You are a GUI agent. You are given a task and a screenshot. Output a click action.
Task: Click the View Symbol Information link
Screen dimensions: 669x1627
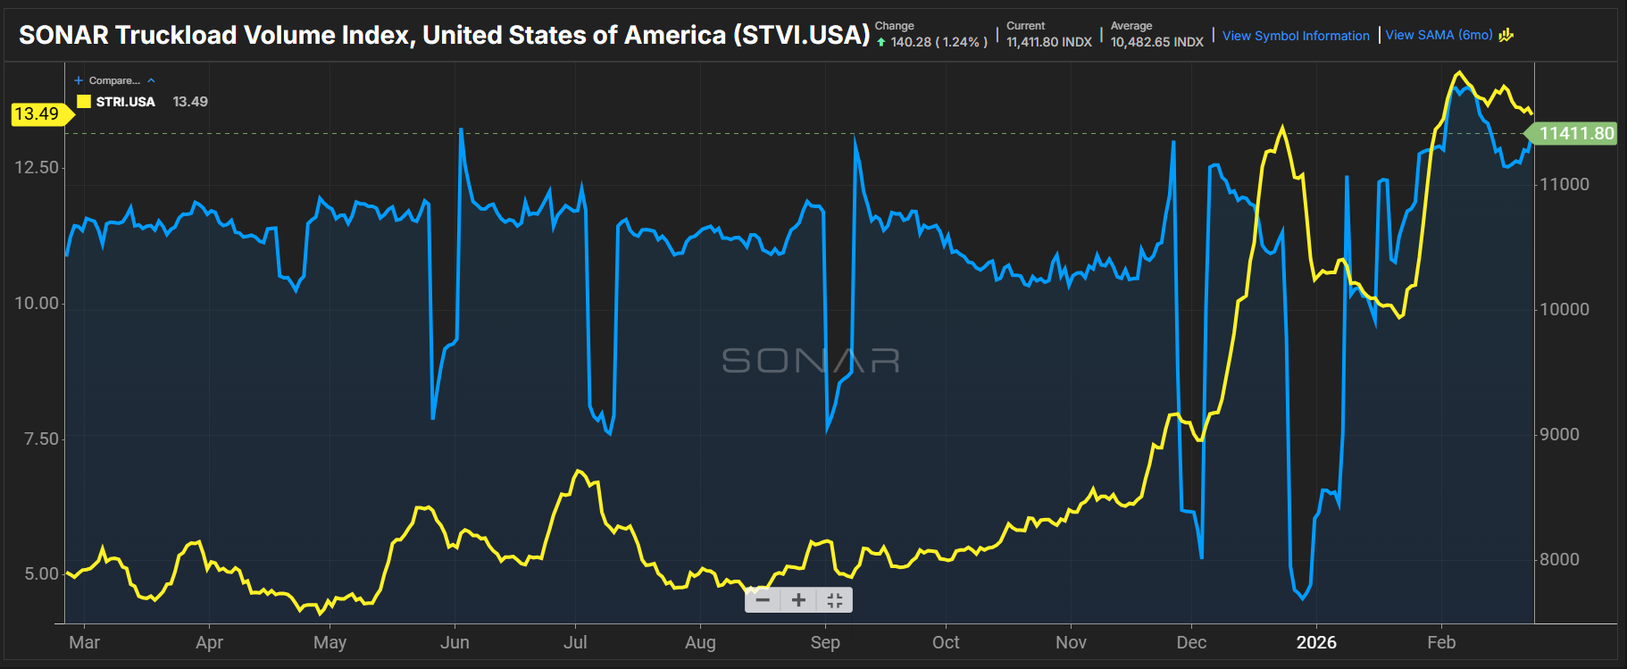click(x=1295, y=36)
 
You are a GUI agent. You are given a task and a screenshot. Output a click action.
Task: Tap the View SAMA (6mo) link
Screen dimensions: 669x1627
click(x=1439, y=35)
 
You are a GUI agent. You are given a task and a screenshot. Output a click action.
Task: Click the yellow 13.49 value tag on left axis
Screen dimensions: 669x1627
click(x=37, y=114)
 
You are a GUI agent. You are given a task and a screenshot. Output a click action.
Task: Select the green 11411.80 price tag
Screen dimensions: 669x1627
click(x=1576, y=134)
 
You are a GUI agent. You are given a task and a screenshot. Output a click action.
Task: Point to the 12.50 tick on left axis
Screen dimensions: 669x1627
click(x=37, y=168)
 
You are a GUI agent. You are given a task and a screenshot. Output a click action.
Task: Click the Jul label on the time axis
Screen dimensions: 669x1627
click(x=575, y=642)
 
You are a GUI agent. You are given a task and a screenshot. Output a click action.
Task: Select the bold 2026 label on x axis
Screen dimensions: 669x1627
click(x=1316, y=642)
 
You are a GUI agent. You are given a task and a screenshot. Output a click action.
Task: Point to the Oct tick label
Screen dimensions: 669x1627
click(x=946, y=642)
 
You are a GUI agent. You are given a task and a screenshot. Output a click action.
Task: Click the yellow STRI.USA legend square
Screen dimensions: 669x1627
click(x=84, y=102)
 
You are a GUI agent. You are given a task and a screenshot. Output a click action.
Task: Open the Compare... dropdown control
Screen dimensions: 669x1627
click(x=114, y=80)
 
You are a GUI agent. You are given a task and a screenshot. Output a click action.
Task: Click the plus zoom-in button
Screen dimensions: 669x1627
click(x=798, y=600)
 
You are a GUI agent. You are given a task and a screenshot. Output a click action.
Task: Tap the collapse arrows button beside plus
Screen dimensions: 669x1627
click(x=835, y=600)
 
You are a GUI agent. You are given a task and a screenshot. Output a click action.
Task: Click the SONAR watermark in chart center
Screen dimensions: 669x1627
click(x=810, y=361)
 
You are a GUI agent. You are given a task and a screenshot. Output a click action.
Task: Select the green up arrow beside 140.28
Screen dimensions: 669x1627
click(x=881, y=42)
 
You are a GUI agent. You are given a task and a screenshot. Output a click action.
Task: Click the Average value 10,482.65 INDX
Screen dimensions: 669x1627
click(x=1156, y=42)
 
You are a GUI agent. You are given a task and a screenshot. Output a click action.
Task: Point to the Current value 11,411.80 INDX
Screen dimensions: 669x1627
click(x=1048, y=42)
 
